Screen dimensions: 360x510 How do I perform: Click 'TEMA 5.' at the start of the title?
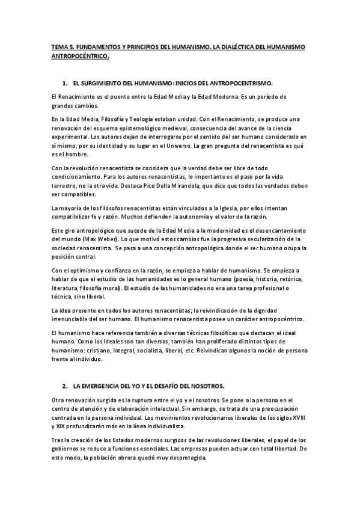pos(61,46)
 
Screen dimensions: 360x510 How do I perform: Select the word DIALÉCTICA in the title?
pos(236,46)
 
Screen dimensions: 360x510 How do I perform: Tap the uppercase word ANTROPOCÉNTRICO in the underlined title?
pos(81,56)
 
